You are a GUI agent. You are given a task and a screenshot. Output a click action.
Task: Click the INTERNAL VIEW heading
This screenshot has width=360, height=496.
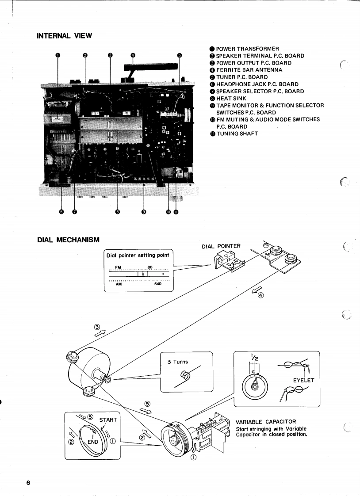pos(65,36)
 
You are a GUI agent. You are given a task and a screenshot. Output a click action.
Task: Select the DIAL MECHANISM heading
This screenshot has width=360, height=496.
pos(69,240)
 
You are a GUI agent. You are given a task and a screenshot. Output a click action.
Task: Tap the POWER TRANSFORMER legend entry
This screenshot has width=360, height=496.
pos(244,49)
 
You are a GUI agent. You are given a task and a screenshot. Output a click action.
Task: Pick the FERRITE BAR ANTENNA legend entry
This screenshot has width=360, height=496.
pos(246,70)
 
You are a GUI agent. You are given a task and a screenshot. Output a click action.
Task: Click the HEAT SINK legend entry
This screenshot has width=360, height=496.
pos(228,99)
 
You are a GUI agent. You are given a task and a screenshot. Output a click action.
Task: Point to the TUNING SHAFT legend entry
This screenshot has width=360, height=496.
pos(234,134)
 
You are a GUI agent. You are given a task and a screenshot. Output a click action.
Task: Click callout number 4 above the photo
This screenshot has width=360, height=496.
pos(133,55)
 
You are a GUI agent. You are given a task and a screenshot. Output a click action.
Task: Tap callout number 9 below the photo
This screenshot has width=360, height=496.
pos(144,212)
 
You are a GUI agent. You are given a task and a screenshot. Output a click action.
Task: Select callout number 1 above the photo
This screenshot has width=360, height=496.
pos(57,55)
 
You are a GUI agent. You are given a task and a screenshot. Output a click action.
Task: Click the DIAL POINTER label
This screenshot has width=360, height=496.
pos(221,246)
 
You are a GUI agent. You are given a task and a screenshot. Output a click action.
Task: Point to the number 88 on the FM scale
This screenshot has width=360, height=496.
pos(150,267)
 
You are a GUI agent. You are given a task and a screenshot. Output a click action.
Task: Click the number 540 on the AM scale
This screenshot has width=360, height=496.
pos(158,284)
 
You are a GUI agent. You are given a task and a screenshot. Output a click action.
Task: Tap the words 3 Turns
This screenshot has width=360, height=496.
pos(177,362)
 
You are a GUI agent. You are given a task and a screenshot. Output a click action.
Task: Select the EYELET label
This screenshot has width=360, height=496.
pos(304,380)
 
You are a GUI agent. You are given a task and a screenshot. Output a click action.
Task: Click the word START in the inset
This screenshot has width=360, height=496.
pos(108,420)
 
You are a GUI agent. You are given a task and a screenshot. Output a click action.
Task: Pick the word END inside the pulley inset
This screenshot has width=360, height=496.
pos(93,442)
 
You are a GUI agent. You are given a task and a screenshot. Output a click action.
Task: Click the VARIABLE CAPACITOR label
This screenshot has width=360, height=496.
pos(266,422)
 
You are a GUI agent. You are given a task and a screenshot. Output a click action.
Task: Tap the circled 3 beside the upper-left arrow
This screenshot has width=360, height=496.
pos(97,327)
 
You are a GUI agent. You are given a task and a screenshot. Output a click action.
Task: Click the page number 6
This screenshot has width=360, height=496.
pos(28,483)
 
